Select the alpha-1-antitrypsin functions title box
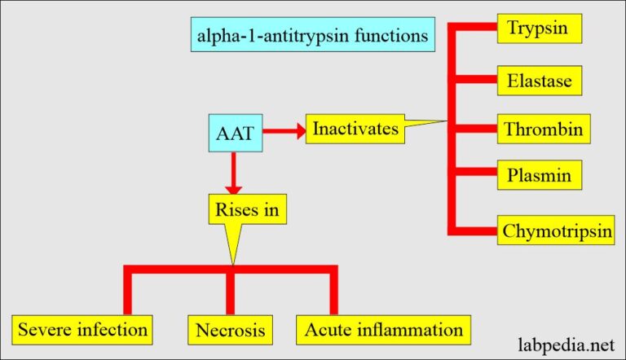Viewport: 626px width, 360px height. click(312, 37)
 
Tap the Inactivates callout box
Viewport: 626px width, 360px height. click(356, 129)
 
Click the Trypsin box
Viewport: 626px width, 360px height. click(541, 30)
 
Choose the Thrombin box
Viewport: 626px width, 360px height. click(544, 130)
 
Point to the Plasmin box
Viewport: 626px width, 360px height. click(539, 175)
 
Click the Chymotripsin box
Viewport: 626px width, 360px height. click(557, 230)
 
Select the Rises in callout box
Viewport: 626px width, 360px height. click(248, 209)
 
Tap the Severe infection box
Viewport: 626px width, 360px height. click(83, 329)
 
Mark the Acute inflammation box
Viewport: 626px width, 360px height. click(383, 329)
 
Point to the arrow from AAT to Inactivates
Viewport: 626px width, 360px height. click(284, 130)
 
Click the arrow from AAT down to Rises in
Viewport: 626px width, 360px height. click(235, 173)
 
